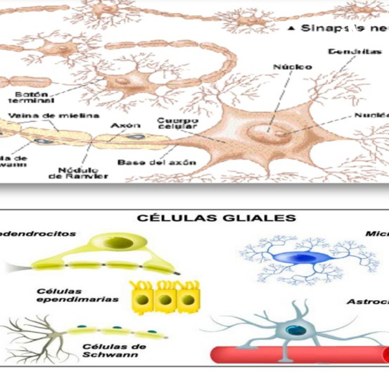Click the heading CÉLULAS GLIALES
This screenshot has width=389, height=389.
[207, 218]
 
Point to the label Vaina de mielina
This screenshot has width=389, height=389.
[54, 115]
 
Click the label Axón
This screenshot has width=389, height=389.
[121, 124]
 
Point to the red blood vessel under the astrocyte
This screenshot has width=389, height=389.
[298, 354]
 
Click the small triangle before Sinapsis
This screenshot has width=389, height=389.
[292, 28]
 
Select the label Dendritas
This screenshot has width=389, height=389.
[350, 51]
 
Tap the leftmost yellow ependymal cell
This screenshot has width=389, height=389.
[144, 300]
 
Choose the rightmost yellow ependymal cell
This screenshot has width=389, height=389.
[187, 300]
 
